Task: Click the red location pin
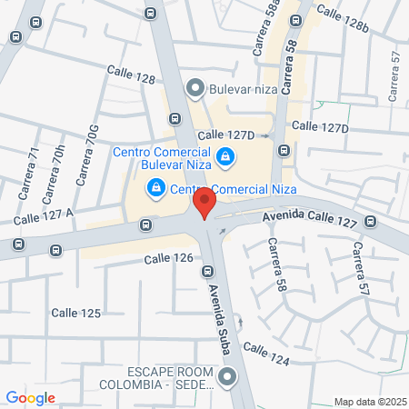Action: (206, 203)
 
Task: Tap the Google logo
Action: (31, 397)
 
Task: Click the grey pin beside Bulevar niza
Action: (195, 89)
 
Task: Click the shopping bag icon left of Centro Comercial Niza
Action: (156, 188)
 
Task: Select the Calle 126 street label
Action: (169, 259)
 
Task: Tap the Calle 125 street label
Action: (75, 313)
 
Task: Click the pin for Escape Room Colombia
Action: (226, 375)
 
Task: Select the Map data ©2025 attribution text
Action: (370, 402)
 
